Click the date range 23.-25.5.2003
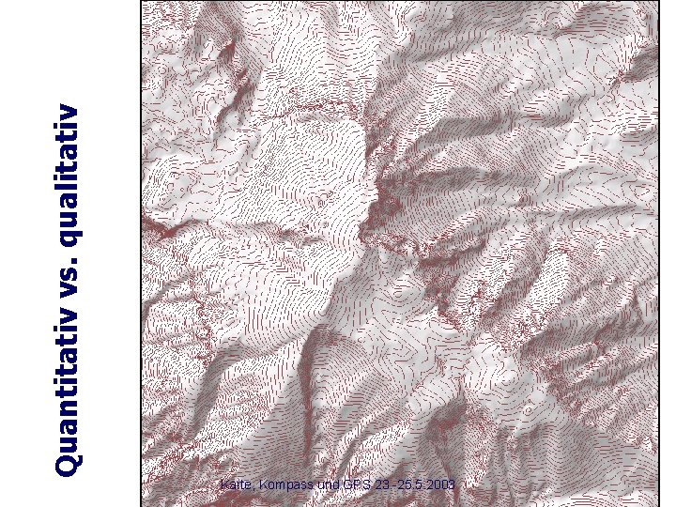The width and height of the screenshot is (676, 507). coord(414,484)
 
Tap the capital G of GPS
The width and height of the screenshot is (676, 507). coord(346,484)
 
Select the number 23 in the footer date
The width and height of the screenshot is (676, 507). coord(379,484)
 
